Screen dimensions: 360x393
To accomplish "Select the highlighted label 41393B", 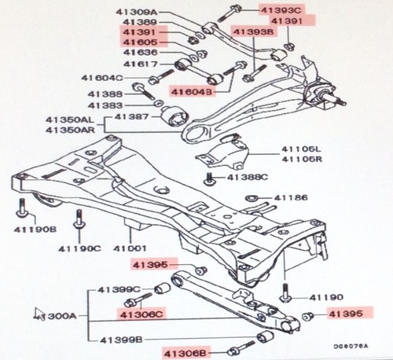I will click(x=252, y=32).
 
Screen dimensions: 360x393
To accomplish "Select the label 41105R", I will click(x=302, y=158).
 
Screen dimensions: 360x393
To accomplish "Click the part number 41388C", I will click(x=248, y=177).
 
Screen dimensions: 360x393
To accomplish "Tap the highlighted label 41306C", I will click(x=141, y=314).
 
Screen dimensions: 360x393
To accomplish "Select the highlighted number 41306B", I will click(x=185, y=351).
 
